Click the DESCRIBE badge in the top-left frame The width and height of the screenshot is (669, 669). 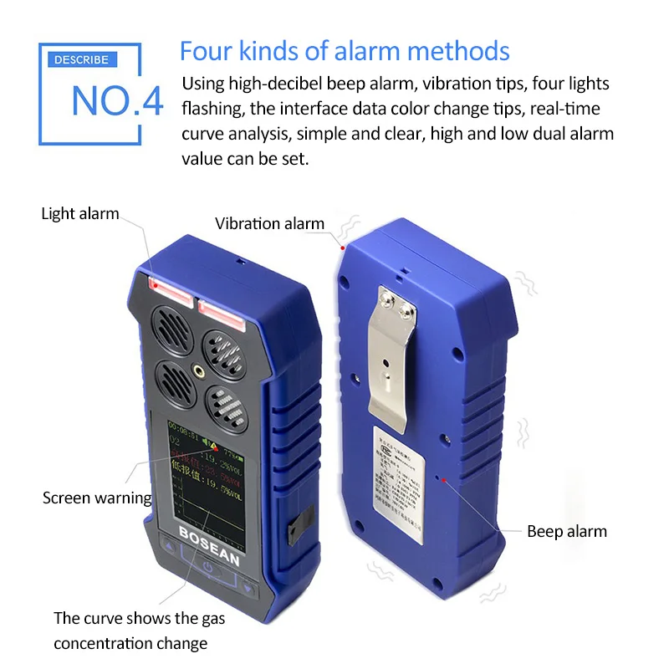(81, 60)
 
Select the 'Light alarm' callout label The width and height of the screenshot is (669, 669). (80, 214)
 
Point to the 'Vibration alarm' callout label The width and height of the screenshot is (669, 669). (269, 223)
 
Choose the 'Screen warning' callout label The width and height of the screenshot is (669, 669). (97, 498)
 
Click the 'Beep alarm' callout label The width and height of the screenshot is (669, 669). (566, 531)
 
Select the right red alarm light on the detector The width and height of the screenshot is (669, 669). (220, 313)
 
